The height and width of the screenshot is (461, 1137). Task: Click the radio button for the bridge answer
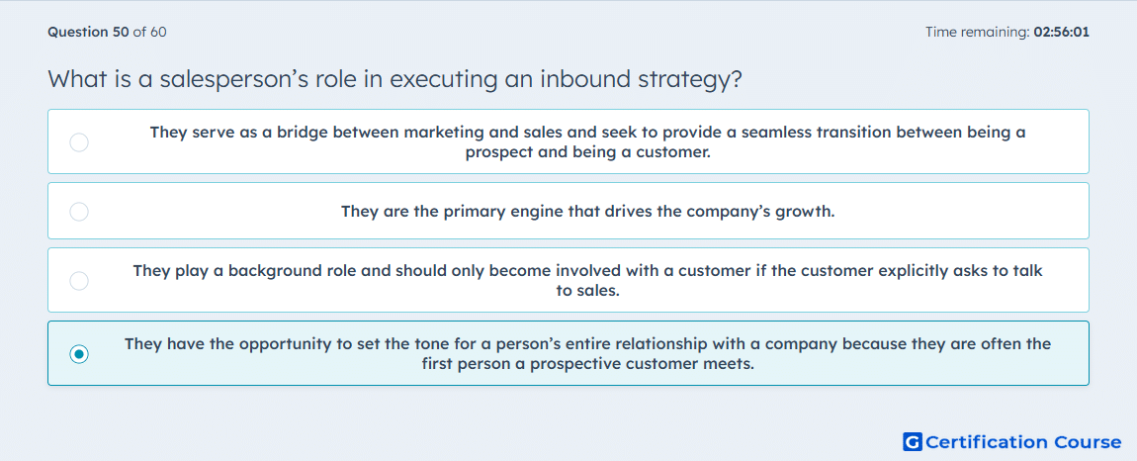click(x=79, y=142)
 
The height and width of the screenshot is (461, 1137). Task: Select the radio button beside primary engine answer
click(x=79, y=212)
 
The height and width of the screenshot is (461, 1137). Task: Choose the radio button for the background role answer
click(x=79, y=281)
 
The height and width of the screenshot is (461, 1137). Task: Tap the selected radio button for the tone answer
click(x=79, y=354)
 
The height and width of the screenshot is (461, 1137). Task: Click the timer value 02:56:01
click(x=1060, y=32)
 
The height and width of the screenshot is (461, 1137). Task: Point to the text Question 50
click(x=88, y=32)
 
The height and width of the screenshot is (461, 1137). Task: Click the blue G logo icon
click(x=913, y=441)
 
